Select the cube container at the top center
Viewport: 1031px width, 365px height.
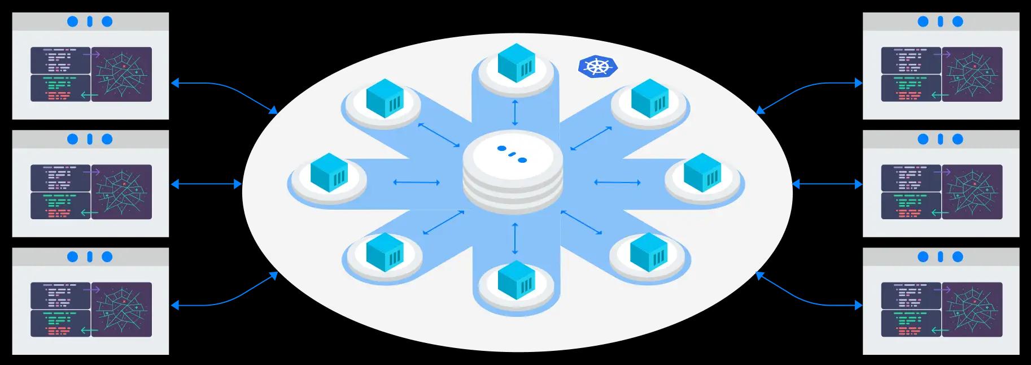[516, 63]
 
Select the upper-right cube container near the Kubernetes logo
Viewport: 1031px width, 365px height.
[649, 98]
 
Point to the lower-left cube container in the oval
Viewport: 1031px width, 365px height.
[385, 251]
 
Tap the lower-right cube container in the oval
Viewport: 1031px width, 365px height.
[648, 251]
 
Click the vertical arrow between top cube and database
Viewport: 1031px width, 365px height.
[514, 113]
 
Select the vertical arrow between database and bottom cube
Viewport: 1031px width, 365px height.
[514, 238]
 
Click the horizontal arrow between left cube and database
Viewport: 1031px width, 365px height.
[417, 182]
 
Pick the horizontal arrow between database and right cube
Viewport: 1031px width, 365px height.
[617, 182]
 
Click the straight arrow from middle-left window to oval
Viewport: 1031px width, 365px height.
[206, 184]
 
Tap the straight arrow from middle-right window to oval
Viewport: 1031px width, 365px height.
[827, 184]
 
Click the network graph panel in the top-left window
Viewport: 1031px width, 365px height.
[121, 74]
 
